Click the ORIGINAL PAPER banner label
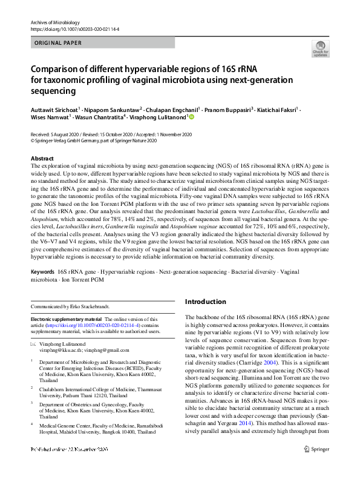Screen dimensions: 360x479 click(59, 43)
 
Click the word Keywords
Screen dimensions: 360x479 click(42, 273)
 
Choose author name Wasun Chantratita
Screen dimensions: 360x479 click(100, 117)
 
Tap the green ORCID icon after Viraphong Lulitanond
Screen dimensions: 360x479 click(192, 117)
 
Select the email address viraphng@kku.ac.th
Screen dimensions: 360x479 click(59, 350)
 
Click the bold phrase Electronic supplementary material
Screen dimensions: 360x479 click(66, 319)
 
